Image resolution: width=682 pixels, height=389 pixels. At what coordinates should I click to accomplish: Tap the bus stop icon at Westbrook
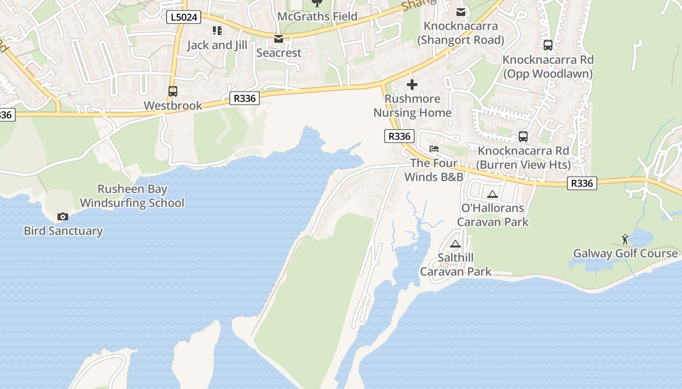tap(172, 91)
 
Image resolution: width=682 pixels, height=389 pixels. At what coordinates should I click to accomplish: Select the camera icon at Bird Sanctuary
tap(63, 216)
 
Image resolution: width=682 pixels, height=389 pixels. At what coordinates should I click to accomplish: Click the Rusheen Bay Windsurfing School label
tap(132, 196)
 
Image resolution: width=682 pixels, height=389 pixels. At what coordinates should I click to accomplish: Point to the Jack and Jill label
tap(217, 45)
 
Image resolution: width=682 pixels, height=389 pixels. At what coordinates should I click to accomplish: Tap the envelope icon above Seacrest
tap(279, 38)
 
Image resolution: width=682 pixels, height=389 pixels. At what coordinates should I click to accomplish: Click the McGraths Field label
tap(317, 17)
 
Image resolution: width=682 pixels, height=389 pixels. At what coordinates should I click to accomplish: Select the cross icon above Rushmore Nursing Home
tap(412, 85)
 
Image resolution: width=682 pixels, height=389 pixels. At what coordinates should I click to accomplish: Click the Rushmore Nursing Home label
tap(412, 106)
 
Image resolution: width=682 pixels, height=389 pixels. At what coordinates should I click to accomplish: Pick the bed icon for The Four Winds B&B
tap(434, 149)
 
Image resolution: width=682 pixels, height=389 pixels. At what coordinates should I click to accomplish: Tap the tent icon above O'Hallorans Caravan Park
tap(493, 194)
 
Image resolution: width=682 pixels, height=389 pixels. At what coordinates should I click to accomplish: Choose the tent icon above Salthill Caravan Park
tap(455, 244)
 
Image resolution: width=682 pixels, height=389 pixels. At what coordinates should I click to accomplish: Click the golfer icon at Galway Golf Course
tap(625, 239)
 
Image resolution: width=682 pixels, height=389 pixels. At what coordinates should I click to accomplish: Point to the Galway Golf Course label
tap(625, 253)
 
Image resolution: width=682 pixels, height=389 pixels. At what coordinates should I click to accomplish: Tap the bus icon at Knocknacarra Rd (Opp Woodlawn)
tap(548, 45)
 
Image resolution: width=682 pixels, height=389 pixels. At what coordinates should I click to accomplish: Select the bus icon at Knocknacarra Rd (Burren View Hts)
tap(523, 137)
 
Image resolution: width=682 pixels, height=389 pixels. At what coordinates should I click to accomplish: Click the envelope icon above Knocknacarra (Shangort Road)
tap(461, 12)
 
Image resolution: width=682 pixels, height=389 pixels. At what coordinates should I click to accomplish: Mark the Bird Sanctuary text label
tap(63, 231)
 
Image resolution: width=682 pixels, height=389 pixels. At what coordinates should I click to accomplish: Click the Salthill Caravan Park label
tap(455, 265)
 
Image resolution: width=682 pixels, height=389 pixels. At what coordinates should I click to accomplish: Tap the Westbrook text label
tap(173, 106)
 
